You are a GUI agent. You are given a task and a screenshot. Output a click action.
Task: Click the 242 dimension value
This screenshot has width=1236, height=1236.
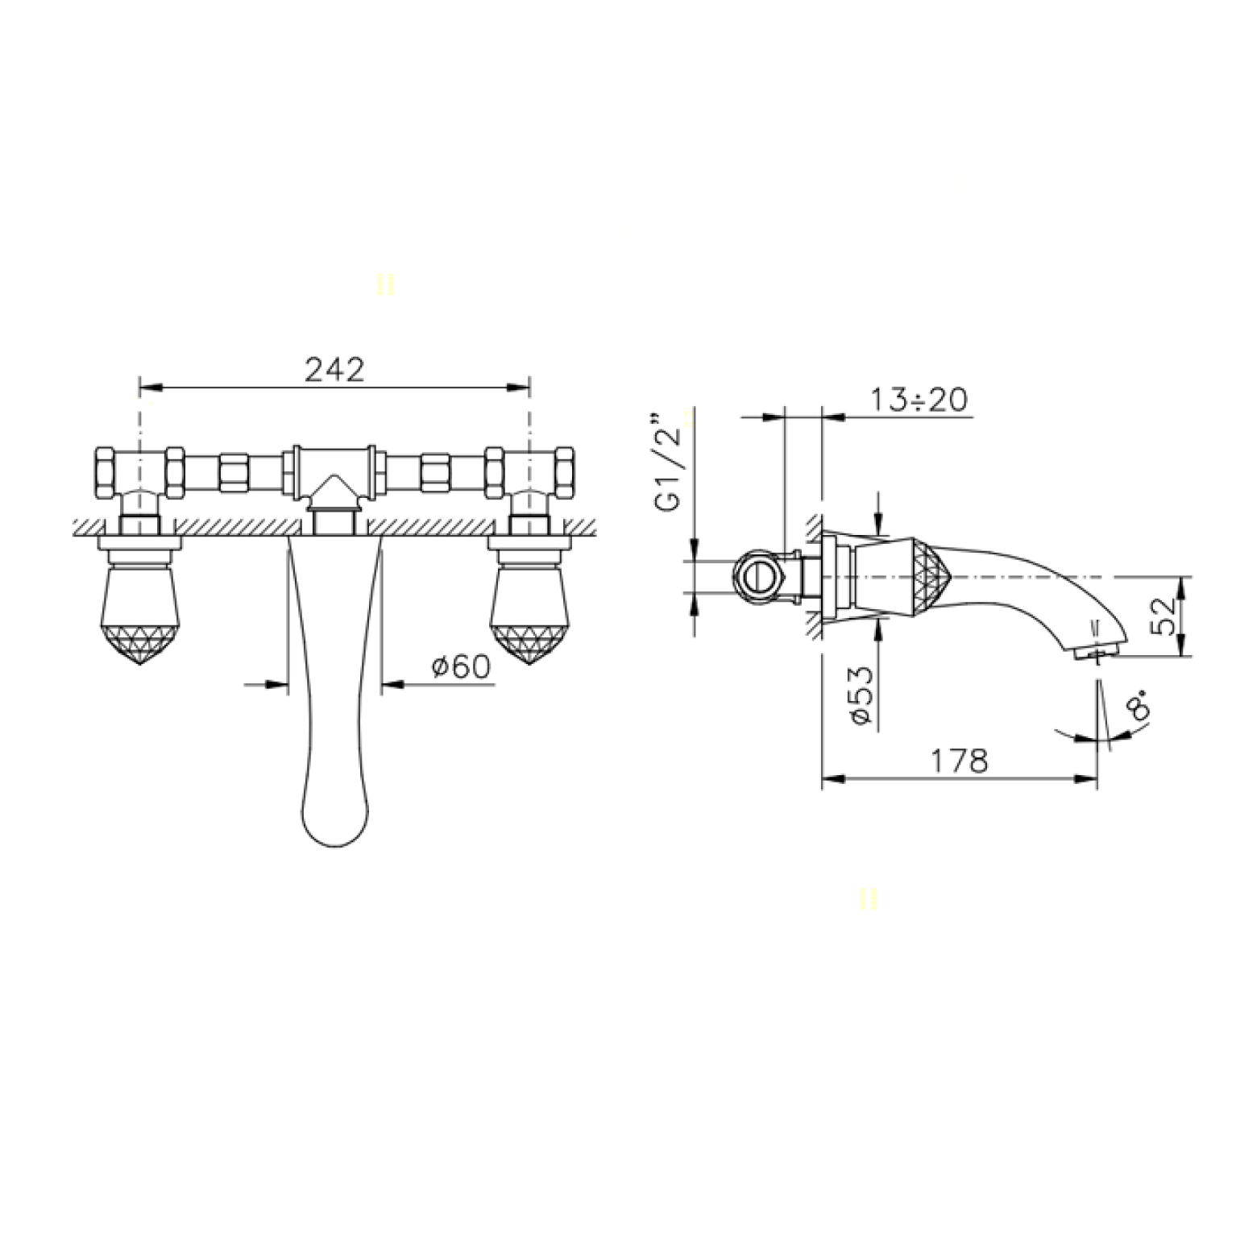(334, 370)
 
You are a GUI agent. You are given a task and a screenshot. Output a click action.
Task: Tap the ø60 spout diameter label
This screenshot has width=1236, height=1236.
(461, 667)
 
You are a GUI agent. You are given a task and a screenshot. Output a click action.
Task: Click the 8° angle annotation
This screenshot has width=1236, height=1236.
(1139, 708)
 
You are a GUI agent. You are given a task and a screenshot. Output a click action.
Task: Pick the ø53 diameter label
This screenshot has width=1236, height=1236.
(860, 695)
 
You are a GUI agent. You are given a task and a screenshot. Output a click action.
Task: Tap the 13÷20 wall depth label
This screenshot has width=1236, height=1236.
(919, 400)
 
